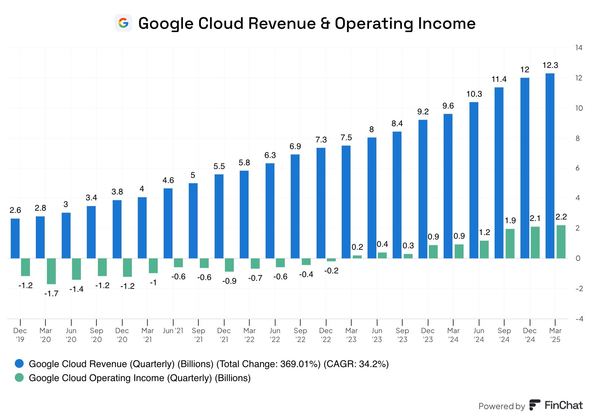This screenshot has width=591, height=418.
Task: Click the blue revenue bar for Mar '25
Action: point(550,166)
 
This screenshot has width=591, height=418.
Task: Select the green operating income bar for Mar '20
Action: point(51,271)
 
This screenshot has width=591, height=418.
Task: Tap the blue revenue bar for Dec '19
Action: point(15,238)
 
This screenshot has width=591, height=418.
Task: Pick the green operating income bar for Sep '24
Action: point(510,243)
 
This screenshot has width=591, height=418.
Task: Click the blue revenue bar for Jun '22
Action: point(270,211)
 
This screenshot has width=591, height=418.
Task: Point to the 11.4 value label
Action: point(499,79)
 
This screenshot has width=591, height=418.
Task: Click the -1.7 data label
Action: point(51,294)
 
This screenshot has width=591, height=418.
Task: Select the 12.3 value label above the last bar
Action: point(550,65)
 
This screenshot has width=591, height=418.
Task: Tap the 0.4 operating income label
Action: point(382,244)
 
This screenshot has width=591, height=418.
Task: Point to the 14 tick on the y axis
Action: point(578,48)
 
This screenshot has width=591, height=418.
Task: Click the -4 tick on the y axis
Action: point(578,319)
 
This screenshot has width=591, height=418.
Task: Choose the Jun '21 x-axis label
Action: point(173,331)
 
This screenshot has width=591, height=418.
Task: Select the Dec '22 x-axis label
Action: point(326,335)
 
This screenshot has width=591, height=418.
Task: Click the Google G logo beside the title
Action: point(123,23)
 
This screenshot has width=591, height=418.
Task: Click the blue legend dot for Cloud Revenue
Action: point(19,363)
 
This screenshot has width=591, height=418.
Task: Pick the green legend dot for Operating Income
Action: point(19,377)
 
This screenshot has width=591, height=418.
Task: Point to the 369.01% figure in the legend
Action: point(300,364)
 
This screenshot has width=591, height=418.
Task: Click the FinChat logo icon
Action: point(534,405)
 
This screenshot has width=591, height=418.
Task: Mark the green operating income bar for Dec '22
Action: point(331,260)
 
